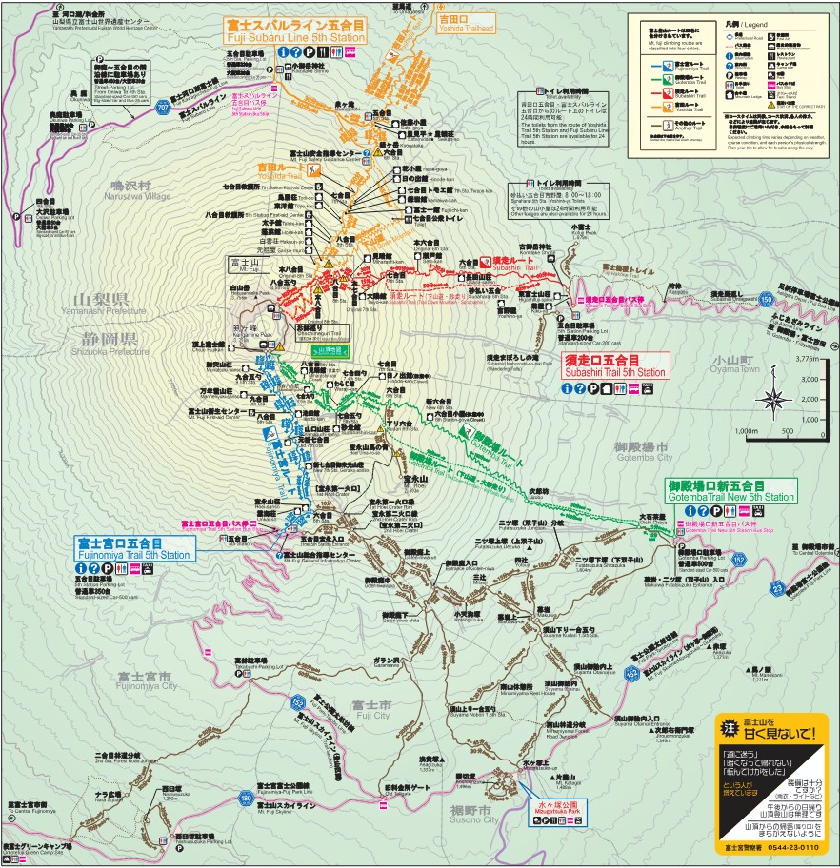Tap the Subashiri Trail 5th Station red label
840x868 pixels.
click(615, 366)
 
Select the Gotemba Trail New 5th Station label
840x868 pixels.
click(730, 491)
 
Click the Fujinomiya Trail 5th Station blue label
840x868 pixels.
click(132, 548)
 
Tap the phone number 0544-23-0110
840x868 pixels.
click(770, 844)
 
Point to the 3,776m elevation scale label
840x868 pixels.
click(807, 360)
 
